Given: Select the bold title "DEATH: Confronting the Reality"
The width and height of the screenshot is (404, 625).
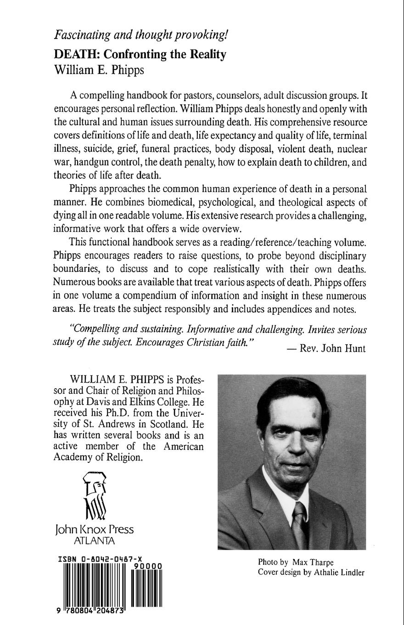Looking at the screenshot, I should click(x=140, y=55).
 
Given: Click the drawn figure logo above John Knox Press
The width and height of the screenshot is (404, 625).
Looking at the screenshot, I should click(x=95, y=496).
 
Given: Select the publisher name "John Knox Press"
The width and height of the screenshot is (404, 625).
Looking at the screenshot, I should click(x=94, y=529).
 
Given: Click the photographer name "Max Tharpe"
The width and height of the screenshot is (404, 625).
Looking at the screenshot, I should click(x=312, y=562).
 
